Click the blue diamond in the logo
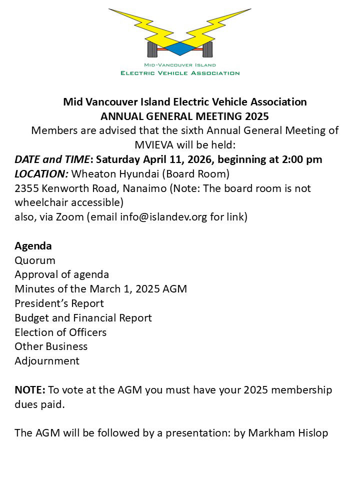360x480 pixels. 179,48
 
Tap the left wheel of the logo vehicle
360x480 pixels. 152,49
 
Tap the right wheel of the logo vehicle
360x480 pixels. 207,49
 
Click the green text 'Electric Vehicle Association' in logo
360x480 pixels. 180,73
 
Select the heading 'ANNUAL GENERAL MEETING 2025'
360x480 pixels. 184,116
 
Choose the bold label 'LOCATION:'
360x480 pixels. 41,174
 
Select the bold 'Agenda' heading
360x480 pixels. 33,246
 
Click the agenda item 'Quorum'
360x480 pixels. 35,260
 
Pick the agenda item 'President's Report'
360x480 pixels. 59,303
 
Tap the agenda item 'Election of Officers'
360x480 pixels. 60,332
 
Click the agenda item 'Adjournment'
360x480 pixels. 47,361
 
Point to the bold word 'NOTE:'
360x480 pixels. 30,389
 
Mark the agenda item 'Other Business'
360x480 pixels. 51,346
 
